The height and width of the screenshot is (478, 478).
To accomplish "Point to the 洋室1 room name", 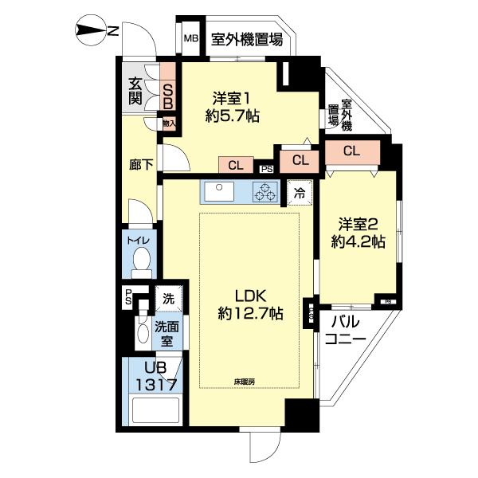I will [233, 99].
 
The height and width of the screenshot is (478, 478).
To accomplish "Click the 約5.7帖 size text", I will [233, 116].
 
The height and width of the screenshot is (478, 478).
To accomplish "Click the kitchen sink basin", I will [217, 192].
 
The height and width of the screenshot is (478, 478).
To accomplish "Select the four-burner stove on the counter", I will [263, 192].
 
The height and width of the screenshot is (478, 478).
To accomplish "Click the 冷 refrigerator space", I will [299, 193].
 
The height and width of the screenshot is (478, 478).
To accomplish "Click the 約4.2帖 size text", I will [359, 241].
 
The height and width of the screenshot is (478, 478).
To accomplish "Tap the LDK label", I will [240, 294].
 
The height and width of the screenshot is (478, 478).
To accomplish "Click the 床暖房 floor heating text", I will [245, 382].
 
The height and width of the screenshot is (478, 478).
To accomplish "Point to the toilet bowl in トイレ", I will [143, 260].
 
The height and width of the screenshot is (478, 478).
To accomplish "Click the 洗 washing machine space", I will [168, 298].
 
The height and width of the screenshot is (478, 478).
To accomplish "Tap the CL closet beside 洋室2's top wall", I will [351, 151].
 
